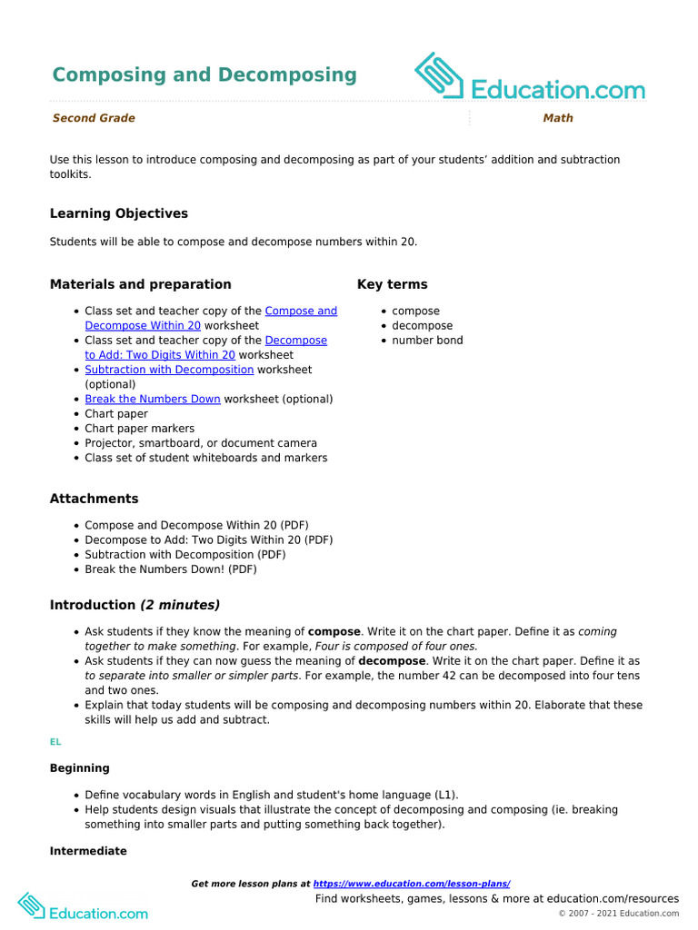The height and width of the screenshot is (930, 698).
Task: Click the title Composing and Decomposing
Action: [204, 74]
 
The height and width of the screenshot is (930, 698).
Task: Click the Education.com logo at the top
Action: [530, 78]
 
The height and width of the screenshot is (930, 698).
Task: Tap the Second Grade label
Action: [94, 118]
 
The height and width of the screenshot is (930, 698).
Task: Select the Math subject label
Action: [558, 118]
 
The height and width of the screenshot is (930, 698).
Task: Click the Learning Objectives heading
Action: [119, 213]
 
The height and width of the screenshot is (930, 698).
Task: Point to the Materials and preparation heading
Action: [140, 284]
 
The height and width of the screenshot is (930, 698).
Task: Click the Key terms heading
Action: [392, 284]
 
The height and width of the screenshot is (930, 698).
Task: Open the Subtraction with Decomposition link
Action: [169, 370]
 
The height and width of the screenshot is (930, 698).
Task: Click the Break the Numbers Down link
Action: [153, 399]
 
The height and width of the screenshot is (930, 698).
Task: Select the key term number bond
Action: [427, 341]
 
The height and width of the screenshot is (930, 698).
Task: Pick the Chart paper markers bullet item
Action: [139, 428]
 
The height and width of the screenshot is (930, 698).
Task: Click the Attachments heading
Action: [95, 499]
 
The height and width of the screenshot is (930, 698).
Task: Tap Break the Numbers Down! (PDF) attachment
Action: [171, 569]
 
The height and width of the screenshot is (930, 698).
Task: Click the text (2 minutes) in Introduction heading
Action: [180, 605]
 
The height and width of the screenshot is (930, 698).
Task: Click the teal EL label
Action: [55, 742]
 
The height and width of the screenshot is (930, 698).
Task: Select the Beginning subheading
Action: [80, 768]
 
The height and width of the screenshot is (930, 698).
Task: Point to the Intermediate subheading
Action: [88, 851]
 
